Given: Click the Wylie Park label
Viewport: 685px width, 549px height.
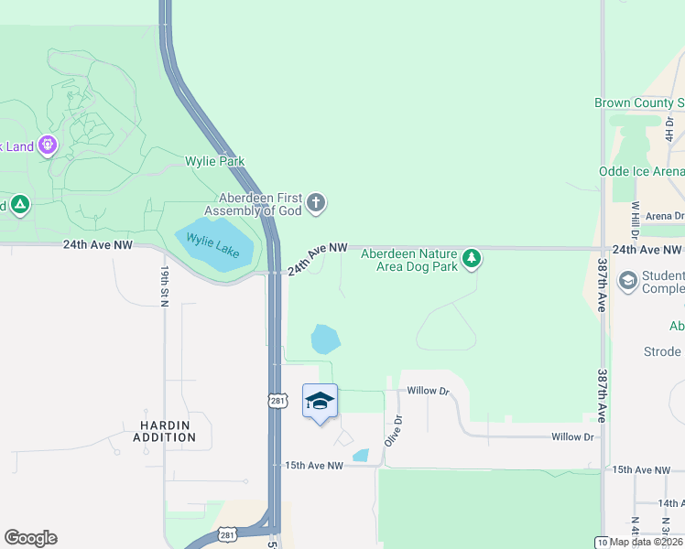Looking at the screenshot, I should point(215,161).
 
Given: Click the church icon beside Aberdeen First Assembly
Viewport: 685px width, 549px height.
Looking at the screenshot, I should point(316,202).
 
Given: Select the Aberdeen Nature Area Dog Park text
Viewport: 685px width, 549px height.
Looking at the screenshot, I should point(408,260).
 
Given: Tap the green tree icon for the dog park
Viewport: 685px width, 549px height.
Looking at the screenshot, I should point(472,260).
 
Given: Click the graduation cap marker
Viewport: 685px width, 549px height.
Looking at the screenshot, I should point(320,401).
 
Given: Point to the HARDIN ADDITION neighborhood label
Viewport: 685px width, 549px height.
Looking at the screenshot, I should point(168,431).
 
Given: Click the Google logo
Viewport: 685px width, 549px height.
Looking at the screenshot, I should point(30,538).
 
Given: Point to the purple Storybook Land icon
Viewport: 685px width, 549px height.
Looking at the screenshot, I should point(48,145).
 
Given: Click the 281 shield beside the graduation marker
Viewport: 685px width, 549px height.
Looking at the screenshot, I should point(280,401).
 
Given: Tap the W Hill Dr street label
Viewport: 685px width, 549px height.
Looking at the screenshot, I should point(634,220).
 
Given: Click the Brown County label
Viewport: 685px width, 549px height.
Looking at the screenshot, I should point(639,103).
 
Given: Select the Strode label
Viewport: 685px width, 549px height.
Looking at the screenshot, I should point(662,351).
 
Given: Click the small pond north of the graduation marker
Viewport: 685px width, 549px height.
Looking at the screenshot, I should point(325,339).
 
